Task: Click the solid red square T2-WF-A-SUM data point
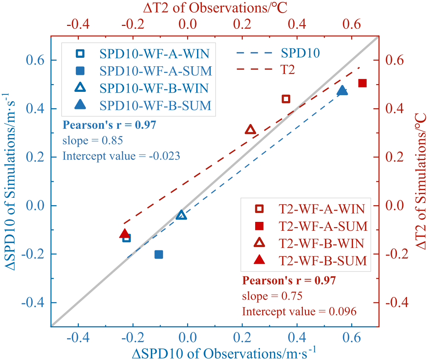pos(362,83)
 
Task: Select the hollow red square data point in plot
pos(286,99)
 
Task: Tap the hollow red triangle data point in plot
pos(250,130)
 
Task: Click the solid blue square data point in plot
pos(159,254)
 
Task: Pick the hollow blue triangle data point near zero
pos(181,215)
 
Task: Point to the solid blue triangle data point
pos(342,91)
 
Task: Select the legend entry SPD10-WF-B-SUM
pos(156,106)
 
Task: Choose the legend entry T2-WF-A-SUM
pos(323,226)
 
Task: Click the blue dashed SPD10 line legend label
pos(300,54)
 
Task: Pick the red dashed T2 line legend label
pos(287,70)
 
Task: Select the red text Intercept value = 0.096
pos(299,311)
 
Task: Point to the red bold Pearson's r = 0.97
pos(289,281)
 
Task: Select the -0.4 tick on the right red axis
pos(396,303)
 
